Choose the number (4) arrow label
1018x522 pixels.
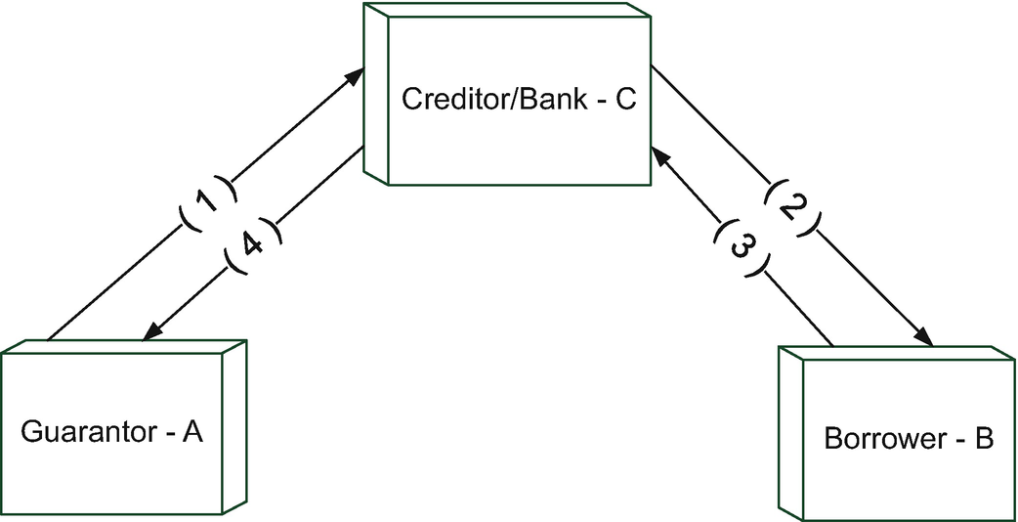[251, 246]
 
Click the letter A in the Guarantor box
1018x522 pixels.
[191, 432]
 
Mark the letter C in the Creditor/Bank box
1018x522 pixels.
[625, 101]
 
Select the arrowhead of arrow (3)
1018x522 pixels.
[658, 152]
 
